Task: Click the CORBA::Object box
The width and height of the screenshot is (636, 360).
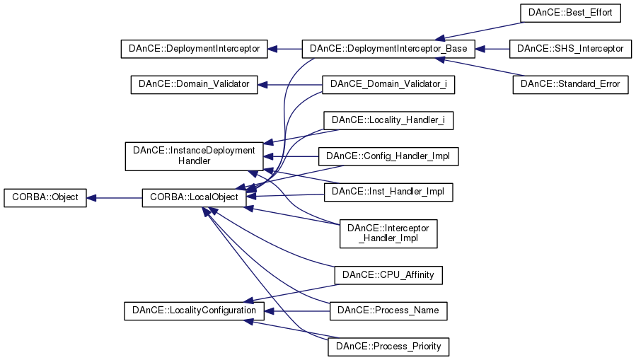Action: pos(45,198)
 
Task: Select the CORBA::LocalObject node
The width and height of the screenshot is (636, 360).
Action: pos(195,198)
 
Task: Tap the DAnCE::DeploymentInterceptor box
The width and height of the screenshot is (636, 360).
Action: pos(195,50)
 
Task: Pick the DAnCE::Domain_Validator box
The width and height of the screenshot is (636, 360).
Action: pos(194,84)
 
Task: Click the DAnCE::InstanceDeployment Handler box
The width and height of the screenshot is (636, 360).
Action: pos(194,156)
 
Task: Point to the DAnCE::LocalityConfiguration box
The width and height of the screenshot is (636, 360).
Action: pos(195,310)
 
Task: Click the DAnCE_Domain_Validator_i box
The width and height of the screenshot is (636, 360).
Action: pos(388,84)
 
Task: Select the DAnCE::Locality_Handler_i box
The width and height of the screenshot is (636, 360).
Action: pos(388,120)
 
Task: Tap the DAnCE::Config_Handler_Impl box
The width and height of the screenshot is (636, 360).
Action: pos(388,156)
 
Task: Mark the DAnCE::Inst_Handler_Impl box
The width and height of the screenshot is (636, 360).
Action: pos(388,191)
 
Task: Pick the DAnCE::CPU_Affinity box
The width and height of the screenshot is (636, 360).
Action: pos(388,274)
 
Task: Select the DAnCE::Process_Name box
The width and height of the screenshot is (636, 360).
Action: pos(388,310)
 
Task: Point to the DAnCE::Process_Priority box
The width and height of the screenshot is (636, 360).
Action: pos(388,347)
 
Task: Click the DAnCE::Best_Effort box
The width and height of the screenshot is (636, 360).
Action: pos(570,13)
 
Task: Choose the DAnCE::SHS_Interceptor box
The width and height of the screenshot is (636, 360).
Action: pos(570,49)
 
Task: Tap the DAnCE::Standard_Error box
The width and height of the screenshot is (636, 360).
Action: pos(570,84)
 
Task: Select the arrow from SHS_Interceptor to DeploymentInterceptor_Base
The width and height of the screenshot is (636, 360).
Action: pos(492,50)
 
